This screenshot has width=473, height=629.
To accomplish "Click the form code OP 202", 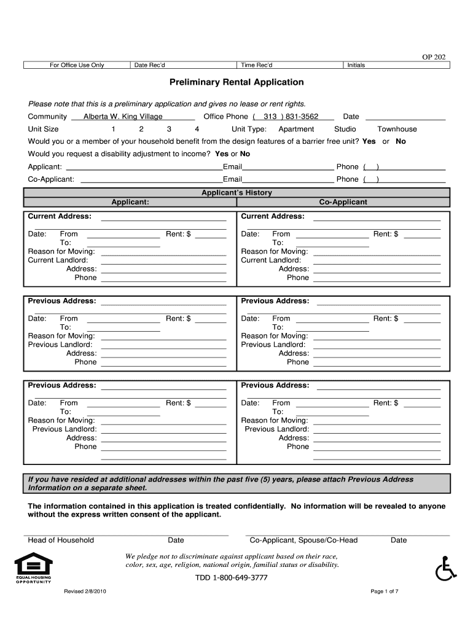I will coord(434,57).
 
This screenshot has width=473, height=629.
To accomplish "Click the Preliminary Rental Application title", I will coord(237,82).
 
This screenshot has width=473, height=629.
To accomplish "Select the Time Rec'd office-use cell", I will coord(290,65).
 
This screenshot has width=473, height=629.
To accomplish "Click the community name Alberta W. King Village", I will coord(123,117).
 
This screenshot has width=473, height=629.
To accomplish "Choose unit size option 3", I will coord(169,129).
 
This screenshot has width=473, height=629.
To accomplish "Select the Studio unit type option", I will coord(345,129).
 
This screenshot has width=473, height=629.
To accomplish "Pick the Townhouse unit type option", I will coord(397,129).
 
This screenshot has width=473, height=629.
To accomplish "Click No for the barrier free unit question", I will coord(401,141).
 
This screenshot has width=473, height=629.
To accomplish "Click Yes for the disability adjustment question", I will coord(221,154).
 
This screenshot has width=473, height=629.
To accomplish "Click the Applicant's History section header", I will coord(237,193).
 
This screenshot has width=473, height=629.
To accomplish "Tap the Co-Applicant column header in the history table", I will coord(343,202).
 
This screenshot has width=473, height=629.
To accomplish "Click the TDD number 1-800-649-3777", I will coord(232,578).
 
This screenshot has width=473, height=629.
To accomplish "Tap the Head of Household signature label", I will coord(61,541).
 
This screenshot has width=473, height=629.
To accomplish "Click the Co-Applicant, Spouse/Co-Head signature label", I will coord(303,541).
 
